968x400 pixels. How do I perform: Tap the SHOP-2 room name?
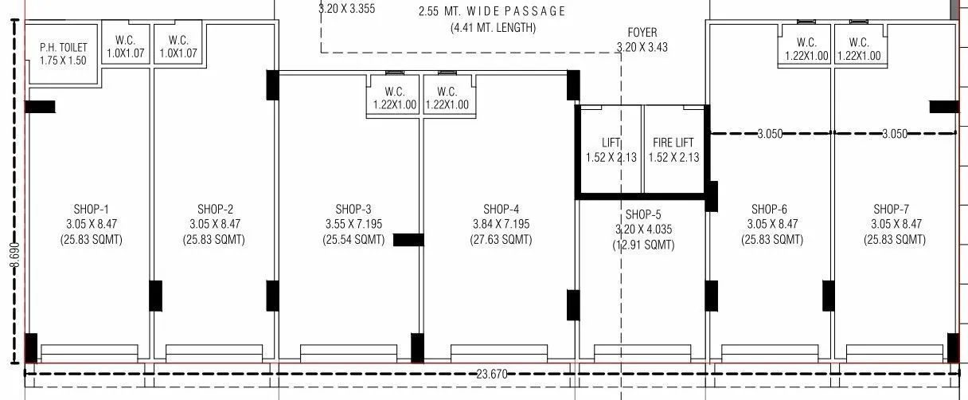(214, 209)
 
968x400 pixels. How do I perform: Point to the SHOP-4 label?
(501, 209)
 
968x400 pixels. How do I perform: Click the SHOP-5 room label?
(643, 214)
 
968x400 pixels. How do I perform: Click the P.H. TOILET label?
(64, 48)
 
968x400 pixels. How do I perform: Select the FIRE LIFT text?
(673, 143)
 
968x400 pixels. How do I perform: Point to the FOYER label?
(642, 33)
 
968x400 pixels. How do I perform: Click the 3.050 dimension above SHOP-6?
(770, 134)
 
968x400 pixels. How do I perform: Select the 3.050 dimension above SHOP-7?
(895, 134)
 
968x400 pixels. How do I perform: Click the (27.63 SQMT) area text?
(501, 239)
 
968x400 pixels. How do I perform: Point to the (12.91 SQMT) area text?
(643, 245)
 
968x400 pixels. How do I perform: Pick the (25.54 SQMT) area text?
(354, 239)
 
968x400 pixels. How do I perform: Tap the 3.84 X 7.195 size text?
(501, 224)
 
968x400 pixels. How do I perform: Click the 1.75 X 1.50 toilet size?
(64, 61)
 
